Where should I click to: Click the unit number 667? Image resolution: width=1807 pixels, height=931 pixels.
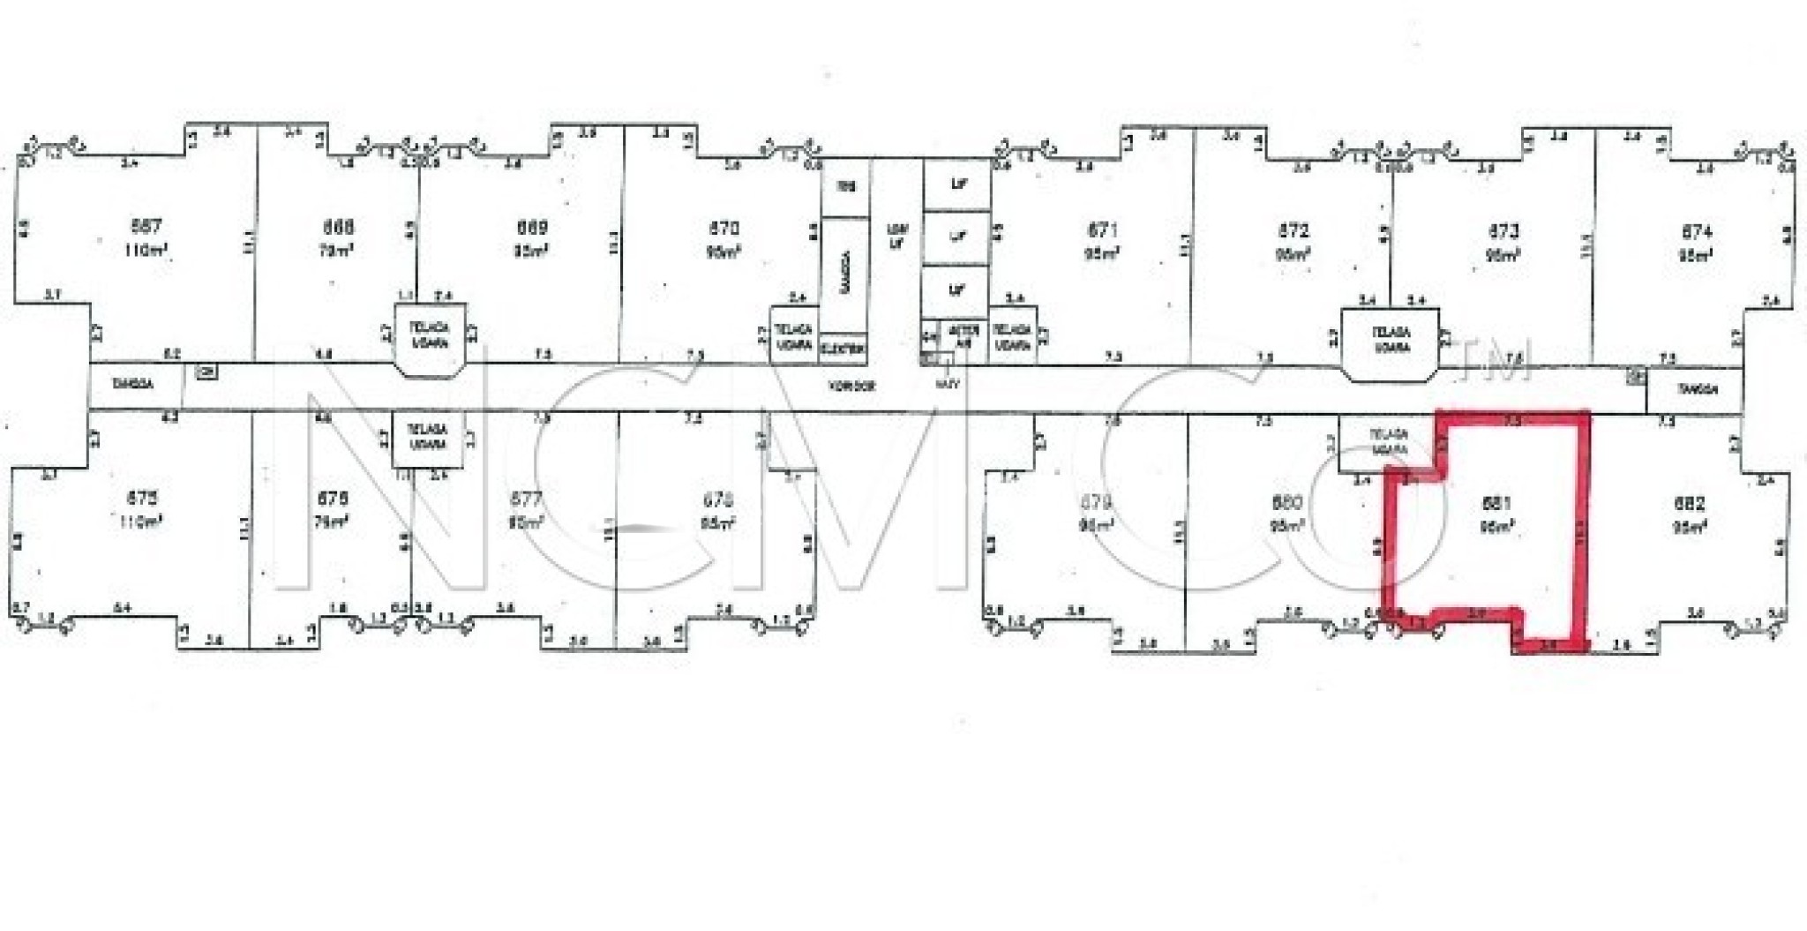pyautogui.click(x=146, y=228)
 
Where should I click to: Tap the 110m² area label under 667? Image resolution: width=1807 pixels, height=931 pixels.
pyautogui.click(x=146, y=251)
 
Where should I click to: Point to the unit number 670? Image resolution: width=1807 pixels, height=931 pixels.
pyautogui.click(x=724, y=229)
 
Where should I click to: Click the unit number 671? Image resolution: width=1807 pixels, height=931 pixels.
pyautogui.click(x=1103, y=230)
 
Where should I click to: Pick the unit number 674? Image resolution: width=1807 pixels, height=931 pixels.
pyautogui.click(x=1697, y=232)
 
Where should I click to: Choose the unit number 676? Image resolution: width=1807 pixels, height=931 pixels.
pyautogui.click(x=332, y=499)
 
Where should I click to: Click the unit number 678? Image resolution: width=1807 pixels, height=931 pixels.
pyautogui.click(x=717, y=500)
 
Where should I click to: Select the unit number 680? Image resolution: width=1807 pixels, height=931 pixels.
pyautogui.click(x=1287, y=503)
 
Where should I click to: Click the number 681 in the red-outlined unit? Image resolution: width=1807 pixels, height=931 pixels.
pyautogui.click(x=1496, y=504)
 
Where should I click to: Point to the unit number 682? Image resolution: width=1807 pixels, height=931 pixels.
pyautogui.click(x=1690, y=505)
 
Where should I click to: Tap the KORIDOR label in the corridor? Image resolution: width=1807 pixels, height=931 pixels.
pyautogui.click(x=851, y=387)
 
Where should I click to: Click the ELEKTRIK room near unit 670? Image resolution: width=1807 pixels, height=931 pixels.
pyautogui.click(x=843, y=349)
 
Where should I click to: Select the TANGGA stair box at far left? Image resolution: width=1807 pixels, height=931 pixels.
pyautogui.click(x=134, y=385)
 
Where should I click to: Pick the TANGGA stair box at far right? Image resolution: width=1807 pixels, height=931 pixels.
pyautogui.click(x=1696, y=389)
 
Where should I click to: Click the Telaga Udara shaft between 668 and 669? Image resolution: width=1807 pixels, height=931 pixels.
pyautogui.click(x=429, y=336)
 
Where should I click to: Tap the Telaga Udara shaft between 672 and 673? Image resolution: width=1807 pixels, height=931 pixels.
pyautogui.click(x=1391, y=341)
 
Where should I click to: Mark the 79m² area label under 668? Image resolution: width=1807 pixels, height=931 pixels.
pyautogui.click(x=335, y=251)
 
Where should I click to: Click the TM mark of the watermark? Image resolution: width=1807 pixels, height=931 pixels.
pyautogui.click(x=1497, y=362)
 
